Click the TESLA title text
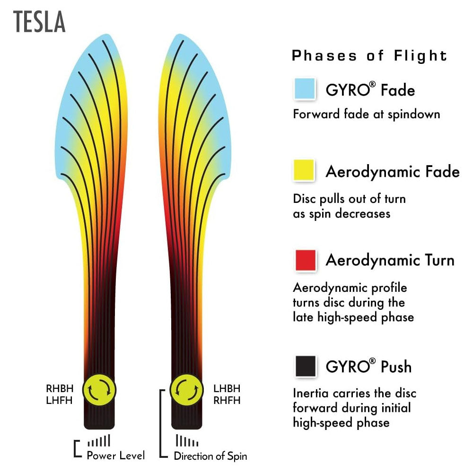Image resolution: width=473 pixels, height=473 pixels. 39,23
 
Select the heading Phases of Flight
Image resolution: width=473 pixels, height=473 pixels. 369,56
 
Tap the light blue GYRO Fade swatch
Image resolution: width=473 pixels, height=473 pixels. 305,88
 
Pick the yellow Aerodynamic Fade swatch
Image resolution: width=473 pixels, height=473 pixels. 305,170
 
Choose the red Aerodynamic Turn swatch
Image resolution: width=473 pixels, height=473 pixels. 305,260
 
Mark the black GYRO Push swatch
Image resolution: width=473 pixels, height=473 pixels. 305,366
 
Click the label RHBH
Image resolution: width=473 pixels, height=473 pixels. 60,389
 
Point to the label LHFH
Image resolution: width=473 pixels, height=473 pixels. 60,400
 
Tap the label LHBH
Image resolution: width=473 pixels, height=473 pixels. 227,389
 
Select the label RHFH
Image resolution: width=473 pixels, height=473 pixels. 227,400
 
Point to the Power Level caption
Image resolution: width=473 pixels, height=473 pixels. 116,455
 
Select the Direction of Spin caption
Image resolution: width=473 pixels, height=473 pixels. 210,456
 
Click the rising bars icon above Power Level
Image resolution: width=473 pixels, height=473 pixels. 99,441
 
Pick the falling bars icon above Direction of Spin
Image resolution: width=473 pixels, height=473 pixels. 187,441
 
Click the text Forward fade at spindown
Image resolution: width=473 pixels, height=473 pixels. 367,114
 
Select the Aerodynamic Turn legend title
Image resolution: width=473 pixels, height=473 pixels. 390,260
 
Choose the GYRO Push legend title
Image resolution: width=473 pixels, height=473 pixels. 368,367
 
